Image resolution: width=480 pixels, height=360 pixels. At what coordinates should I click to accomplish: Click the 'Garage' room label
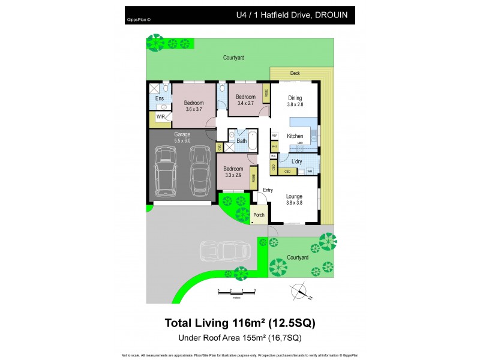pyautogui.click(x=182, y=134)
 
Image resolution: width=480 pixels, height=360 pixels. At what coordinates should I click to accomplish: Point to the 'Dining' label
pyautogui.click(x=295, y=98)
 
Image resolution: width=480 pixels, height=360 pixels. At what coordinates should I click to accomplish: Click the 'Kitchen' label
pyautogui.click(x=295, y=136)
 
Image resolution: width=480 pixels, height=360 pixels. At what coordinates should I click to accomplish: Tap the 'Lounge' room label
pyautogui.click(x=294, y=196)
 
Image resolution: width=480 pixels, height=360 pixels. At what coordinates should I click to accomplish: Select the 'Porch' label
pyautogui.click(x=259, y=215)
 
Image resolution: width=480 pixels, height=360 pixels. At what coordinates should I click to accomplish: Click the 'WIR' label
pyautogui.click(x=161, y=117)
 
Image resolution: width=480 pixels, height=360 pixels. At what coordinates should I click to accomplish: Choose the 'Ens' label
pyautogui.click(x=159, y=98)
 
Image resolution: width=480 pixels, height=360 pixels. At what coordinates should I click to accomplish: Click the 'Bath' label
pyautogui.click(x=241, y=141)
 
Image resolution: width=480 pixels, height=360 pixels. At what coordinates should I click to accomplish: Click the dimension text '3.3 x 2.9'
pyautogui.click(x=233, y=175)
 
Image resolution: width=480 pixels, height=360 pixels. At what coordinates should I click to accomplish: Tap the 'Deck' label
pyautogui.click(x=295, y=74)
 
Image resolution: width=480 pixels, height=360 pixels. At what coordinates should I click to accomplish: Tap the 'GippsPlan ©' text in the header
pyautogui.click(x=139, y=19)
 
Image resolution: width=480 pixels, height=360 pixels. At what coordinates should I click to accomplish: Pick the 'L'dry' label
pyautogui.click(x=296, y=161)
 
